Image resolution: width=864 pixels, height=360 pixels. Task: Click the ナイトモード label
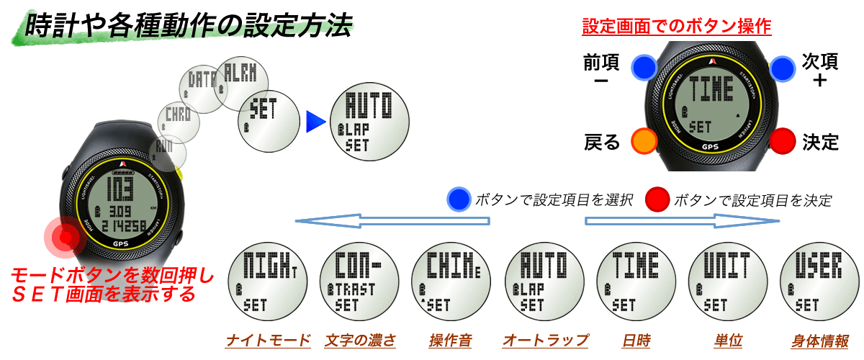click(x=268, y=341)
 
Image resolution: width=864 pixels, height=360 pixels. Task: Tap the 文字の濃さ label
click(x=360, y=341)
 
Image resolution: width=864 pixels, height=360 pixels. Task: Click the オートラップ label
click(x=545, y=341)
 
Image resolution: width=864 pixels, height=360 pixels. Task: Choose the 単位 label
click(x=729, y=341)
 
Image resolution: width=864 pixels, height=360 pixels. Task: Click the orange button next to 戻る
click(x=644, y=140)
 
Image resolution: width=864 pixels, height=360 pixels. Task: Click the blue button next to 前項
click(x=644, y=68)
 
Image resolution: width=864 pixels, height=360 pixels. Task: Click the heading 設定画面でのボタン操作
click(x=676, y=27)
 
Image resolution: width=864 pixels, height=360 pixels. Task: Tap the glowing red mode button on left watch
click(x=66, y=236)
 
